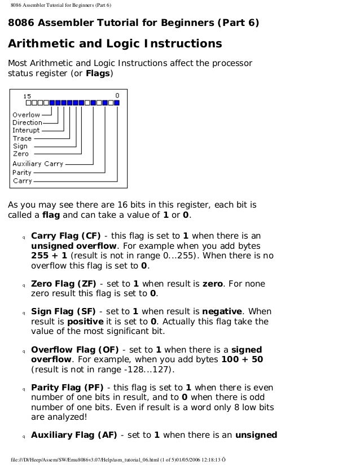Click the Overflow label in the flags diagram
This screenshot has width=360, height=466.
(x=26, y=115)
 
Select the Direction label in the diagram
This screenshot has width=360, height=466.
(x=27, y=122)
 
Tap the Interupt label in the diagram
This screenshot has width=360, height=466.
(x=26, y=130)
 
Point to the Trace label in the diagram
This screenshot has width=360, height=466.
(x=22, y=138)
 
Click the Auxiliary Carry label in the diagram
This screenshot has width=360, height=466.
(x=38, y=164)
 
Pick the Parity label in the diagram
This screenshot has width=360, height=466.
(x=22, y=173)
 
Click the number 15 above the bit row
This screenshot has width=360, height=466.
(x=27, y=96)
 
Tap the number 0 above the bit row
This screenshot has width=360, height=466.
(x=117, y=96)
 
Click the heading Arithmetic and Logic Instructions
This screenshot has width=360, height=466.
(x=114, y=44)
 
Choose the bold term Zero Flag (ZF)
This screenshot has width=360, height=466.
(x=64, y=283)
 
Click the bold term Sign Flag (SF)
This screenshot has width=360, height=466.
(x=64, y=311)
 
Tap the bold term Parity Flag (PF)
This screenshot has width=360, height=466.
(x=67, y=388)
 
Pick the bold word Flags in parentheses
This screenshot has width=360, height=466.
(x=98, y=73)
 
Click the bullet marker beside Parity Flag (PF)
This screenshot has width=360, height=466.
(x=23, y=389)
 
